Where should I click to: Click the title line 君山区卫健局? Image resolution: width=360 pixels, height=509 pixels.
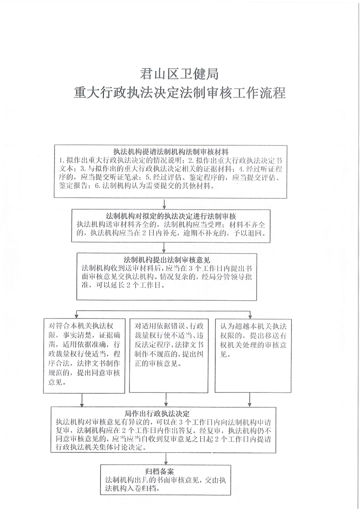coord(180,73)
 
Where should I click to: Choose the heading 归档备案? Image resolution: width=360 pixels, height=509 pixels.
coord(161,470)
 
